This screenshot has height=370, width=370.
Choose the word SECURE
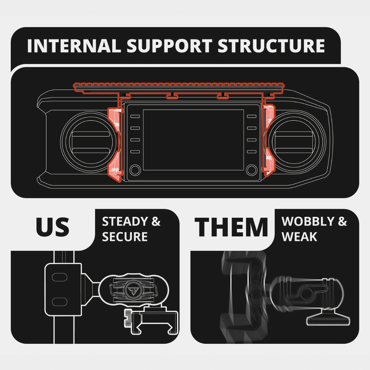[125, 237]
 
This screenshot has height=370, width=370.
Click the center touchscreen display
[193, 139]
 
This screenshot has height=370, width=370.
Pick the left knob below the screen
[135, 170]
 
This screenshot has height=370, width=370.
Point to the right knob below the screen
[252, 170]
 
